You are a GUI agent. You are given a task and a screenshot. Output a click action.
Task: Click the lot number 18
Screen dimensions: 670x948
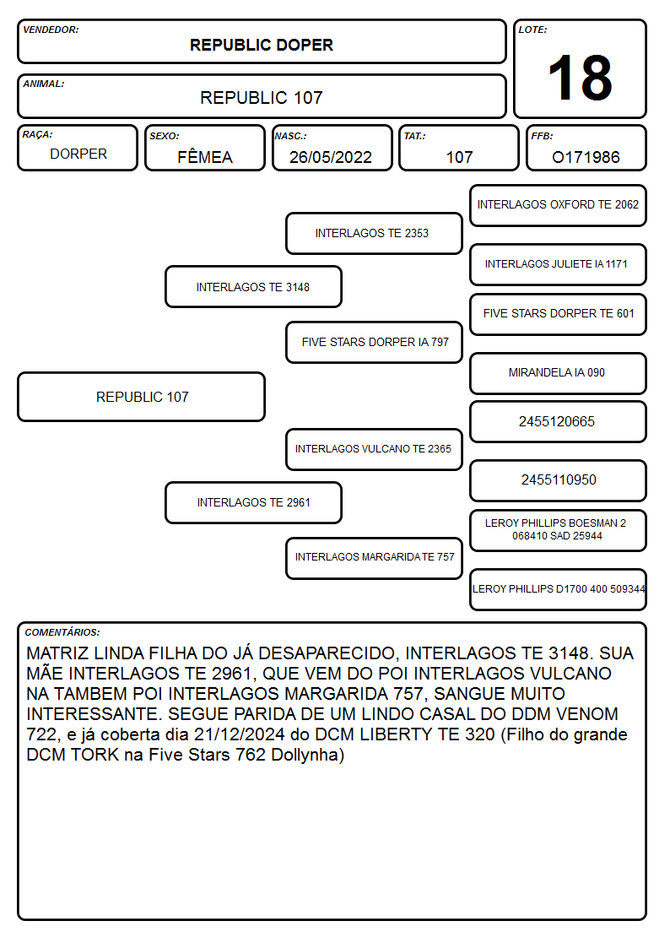click(580, 78)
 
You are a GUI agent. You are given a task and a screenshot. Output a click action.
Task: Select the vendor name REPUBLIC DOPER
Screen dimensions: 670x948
click(262, 45)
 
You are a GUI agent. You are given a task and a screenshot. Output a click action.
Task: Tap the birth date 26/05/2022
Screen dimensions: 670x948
click(331, 157)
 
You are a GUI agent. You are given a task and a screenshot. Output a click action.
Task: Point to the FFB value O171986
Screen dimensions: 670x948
click(586, 157)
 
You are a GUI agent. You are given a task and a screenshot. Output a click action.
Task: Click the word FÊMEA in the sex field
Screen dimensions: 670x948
click(205, 156)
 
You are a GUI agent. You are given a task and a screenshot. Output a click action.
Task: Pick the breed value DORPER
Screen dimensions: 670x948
click(78, 154)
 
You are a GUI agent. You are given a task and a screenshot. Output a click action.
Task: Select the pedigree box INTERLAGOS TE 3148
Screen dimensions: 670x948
click(254, 287)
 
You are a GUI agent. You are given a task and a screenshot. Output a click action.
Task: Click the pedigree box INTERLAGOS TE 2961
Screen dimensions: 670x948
click(254, 502)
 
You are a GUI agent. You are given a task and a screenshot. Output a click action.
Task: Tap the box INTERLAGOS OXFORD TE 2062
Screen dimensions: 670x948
click(559, 206)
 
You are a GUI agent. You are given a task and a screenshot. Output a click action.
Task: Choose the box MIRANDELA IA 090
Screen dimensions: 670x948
click(559, 373)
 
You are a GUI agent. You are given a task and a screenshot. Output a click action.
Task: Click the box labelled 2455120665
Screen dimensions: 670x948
click(559, 421)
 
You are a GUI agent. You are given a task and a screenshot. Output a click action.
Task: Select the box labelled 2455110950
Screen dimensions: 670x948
click(559, 480)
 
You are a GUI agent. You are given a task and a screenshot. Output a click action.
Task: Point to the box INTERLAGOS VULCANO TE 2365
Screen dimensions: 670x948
click(374, 449)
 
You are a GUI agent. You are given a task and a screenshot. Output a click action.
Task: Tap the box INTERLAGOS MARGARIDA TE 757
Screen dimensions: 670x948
click(374, 558)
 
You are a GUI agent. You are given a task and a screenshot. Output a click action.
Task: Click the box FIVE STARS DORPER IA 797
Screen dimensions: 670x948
click(374, 342)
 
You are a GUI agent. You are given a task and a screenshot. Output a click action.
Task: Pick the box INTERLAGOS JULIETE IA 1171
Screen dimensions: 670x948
click(559, 264)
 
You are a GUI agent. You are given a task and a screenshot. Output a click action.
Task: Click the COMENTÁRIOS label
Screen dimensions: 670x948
click(62, 632)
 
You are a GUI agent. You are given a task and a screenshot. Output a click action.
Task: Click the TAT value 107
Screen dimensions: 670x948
click(459, 157)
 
